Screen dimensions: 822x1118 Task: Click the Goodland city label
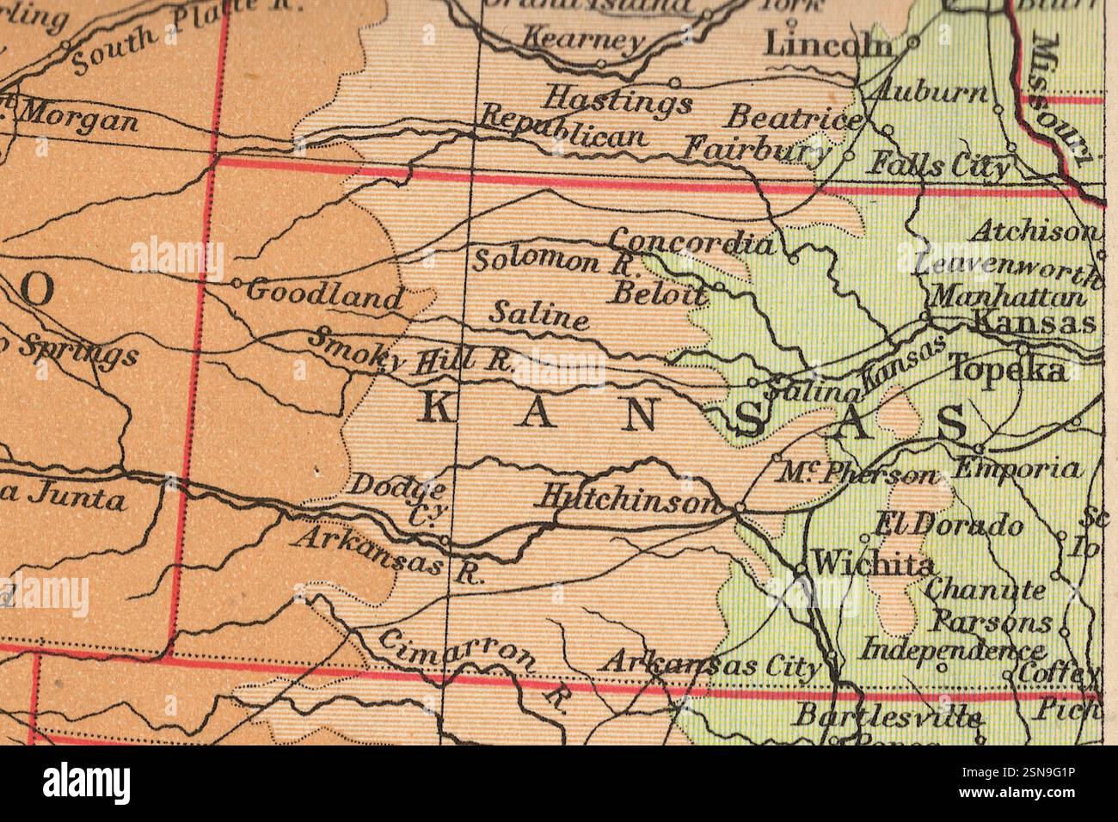tap(324, 295)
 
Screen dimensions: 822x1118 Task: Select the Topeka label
tap(1007, 370)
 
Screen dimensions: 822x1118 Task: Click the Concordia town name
tap(691, 242)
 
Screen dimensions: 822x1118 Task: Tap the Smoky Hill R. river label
tap(411, 352)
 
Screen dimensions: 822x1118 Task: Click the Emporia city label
tap(1017, 469)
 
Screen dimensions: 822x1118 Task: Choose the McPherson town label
tap(860, 474)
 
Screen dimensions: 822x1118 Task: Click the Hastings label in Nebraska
tap(618, 100)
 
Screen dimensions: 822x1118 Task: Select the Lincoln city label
tap(828, 44)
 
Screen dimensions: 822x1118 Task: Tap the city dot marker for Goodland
tap(236, 282)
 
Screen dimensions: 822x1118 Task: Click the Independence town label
tap(954, 647)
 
